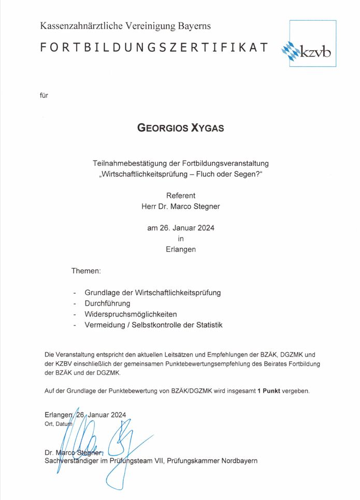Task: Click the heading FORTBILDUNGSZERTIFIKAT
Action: coord(154,48)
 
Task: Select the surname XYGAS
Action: coord(206,127)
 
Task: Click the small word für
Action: coord(44,95)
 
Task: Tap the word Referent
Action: coord(181,196)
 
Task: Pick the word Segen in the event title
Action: coord(247,175)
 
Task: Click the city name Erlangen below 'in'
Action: coord(181,249)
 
